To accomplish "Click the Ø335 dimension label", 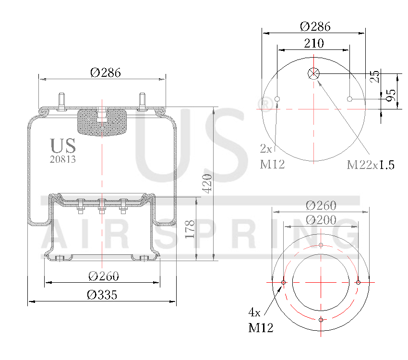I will pyautogui.click(x=102, y=295).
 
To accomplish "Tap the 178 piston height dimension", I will pyautogui.click(x=190, y=229).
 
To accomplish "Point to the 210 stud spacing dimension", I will pyautogui.click(x=314, y=43).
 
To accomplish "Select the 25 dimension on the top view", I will pyautogui.click(x=375, y=76).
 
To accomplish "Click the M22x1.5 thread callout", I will pyautogui.click(x=371, y=165).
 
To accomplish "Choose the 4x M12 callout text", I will pyautogui.click(x=261, y=320).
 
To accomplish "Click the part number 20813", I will pyautogui.click(x=63, y=159).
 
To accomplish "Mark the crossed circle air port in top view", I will pyautogui.click(x=313, y=73).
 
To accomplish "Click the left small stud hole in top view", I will pyautogui.click(x=277, y=99).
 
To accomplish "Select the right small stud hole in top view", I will pyautogui.click(x=350, y=99).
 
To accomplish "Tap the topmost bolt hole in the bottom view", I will pyautogui.click(x=321, y=245).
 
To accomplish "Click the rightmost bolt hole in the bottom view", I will pyautogui.click(x=358, y=282).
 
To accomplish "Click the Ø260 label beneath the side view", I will pyautogui.click(x=103, y=276).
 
